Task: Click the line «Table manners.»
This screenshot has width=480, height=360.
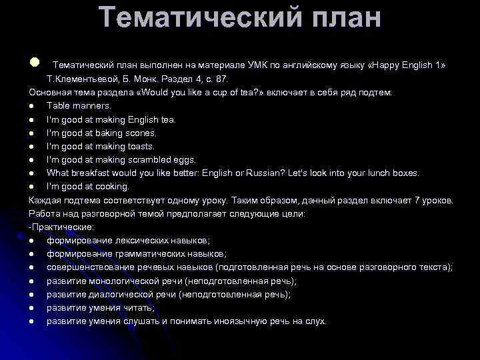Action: point(79,105)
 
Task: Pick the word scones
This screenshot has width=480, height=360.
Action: point(143,133)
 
